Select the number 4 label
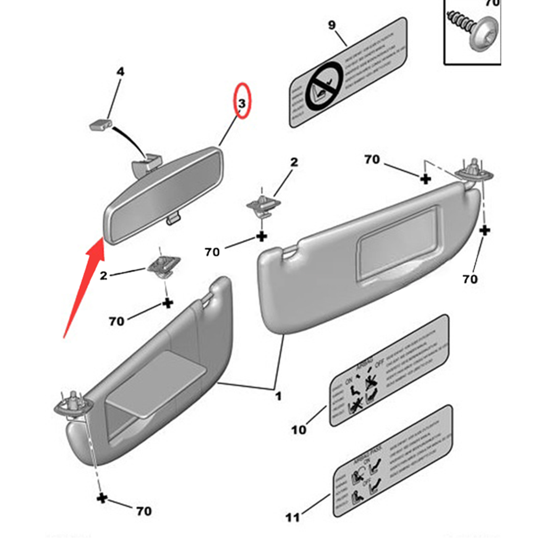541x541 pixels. (120, 72)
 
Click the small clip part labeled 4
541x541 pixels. (100, 124)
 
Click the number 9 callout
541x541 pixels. (332, 25)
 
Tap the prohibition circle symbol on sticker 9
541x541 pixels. (324, 86)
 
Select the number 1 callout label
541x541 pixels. (278, 396)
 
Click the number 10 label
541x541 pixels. (299, 430)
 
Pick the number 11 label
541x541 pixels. (292, 517)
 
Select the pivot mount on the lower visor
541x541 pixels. (73, 405)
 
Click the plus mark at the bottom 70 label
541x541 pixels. (102, 498)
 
